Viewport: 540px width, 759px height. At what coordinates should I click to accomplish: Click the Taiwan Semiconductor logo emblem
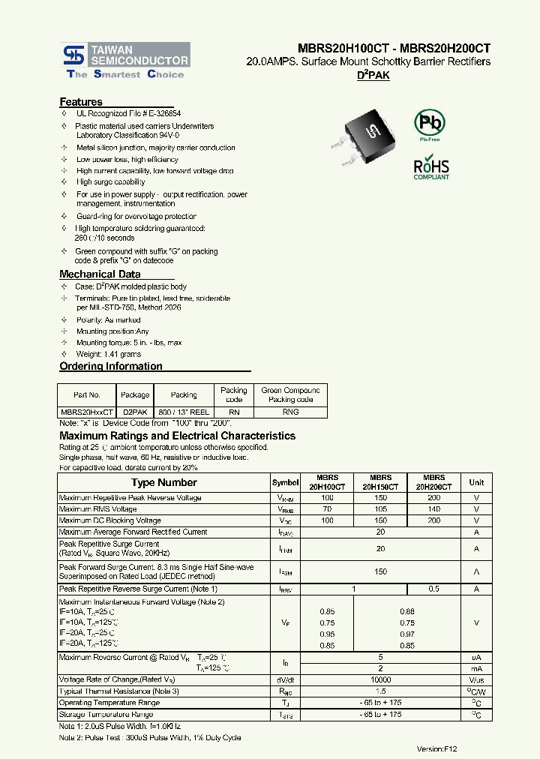[x=73, y=54]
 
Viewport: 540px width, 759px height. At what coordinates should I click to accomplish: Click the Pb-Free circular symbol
[x=430, y=123]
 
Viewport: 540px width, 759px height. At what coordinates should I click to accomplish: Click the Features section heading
[x=81, y=102]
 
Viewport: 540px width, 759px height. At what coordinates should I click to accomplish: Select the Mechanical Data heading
[x=100, y=274]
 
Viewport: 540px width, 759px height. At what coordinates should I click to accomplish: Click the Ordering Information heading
[x=111, y=367]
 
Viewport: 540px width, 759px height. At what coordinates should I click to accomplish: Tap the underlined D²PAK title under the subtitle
[x=372, y=76]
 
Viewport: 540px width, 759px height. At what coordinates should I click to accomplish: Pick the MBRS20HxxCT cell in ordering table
[x=87, y=412]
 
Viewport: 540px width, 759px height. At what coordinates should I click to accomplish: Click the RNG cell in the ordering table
[x=290, y=412]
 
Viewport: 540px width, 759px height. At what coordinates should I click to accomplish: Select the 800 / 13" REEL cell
[x=184, y=412]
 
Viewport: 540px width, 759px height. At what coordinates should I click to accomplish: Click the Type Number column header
[x=163, y=482]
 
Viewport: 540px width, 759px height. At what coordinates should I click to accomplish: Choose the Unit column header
[x=476, y=482]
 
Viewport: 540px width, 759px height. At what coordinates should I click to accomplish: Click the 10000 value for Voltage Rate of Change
[x=381, y=679]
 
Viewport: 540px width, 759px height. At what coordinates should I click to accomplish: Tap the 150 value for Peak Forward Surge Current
[x=381, y=571]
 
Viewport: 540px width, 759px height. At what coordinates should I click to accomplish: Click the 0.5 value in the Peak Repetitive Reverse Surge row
[x=433, y=589]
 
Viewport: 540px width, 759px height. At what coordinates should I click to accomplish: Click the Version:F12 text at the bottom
[x=437, y=748]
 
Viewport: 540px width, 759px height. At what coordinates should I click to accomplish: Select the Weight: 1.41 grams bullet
[x=109, y=354]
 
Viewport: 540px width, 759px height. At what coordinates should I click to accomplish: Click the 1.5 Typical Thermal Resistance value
[x=381, y=691]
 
